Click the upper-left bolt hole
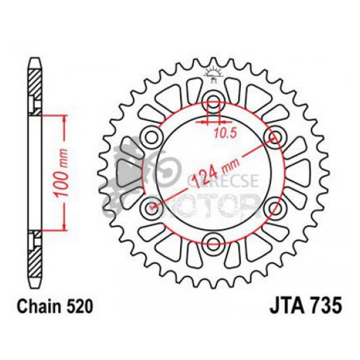tap(153, 136)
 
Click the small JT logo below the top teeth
tap(214, 75)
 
